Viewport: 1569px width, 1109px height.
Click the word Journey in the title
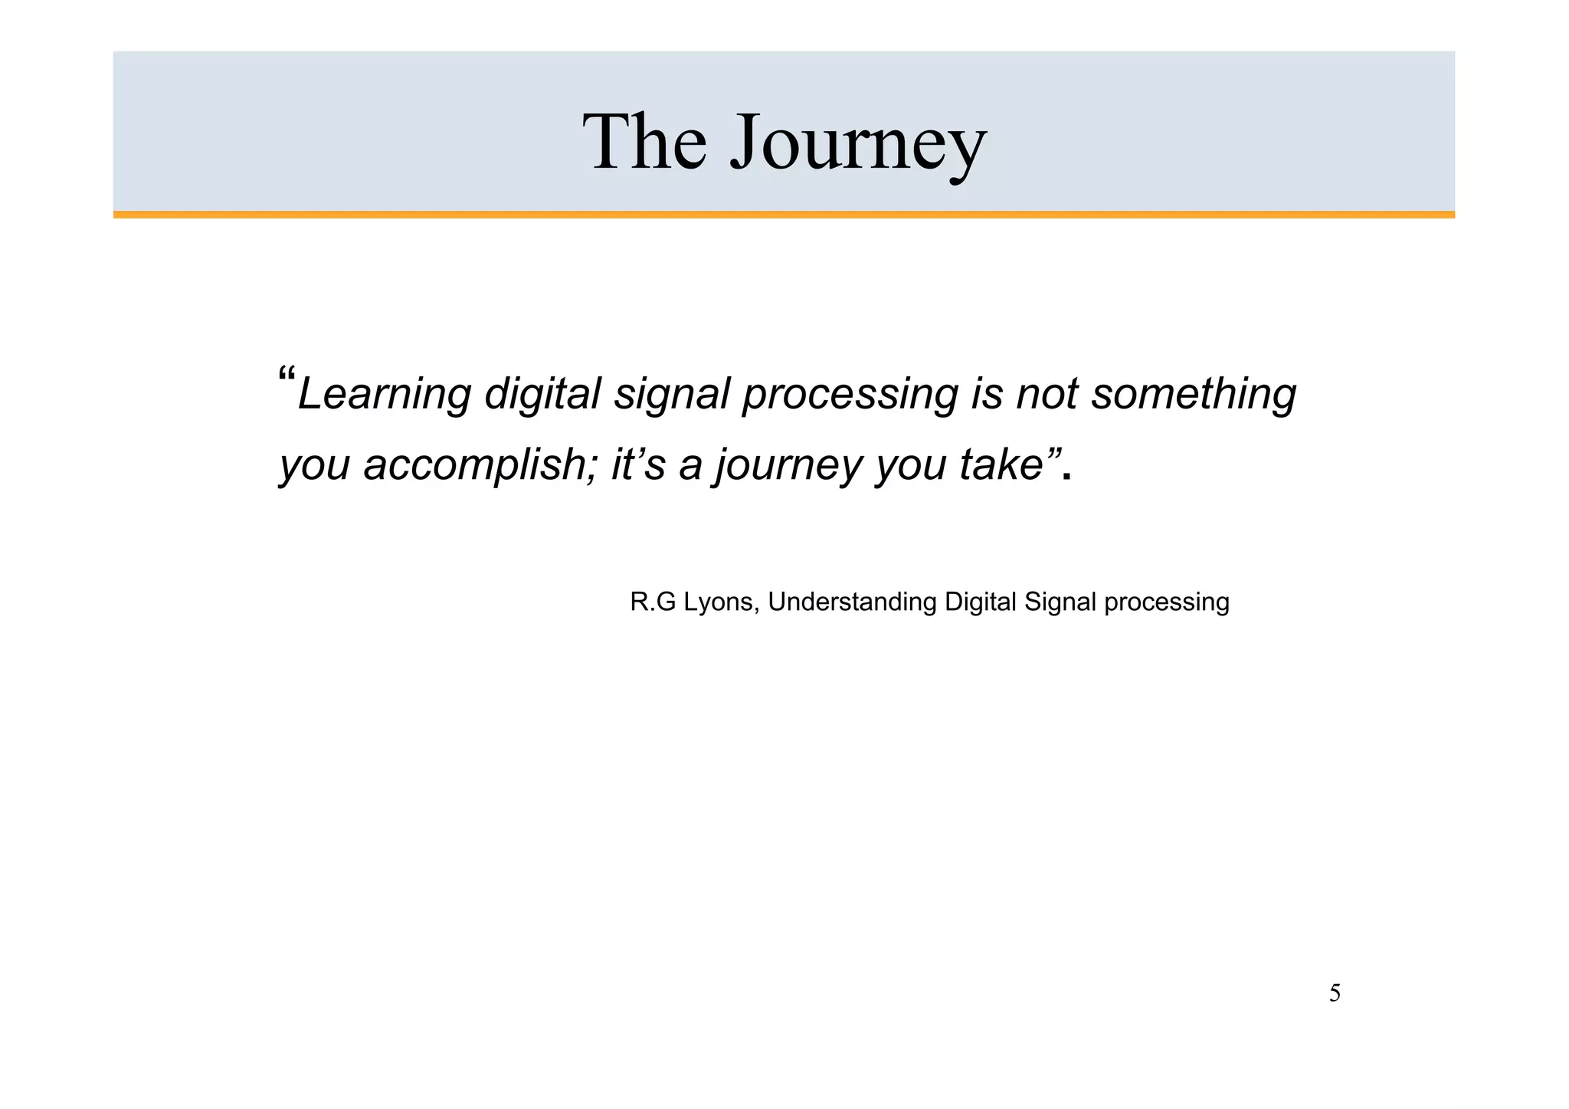[x=857, y=143]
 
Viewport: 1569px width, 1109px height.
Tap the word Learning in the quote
[x=383, y=394]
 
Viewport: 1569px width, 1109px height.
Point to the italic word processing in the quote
[x=850, y=394]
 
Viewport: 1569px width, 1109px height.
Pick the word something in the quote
[x=1193, y=394]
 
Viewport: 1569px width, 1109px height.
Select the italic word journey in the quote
[x=789, y=464]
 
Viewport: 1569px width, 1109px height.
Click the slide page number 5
[x=1335, y=994]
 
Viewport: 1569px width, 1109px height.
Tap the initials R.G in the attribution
[x=653, y=602]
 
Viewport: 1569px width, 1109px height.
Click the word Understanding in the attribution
[x=852, y=602]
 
